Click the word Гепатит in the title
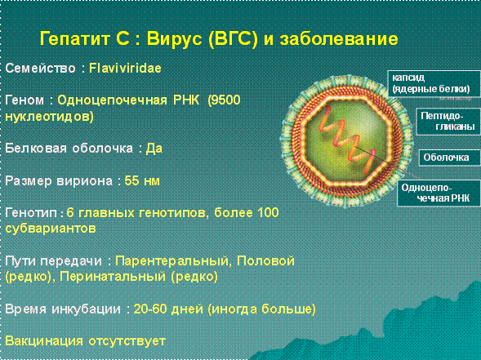(x=75, y=39)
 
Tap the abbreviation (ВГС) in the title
(x=233, y=39)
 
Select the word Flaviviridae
(x=125, y=68)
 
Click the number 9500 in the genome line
(x=224, y=100)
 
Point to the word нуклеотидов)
(x=49, y=116)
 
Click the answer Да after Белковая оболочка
(x=154, y=149)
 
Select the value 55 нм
(x=142, y=180)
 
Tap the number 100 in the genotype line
(x=268, y=212)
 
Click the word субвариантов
(x=51, y=229)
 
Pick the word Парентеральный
(x=171, y=261)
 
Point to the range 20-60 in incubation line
(x=149, y=309)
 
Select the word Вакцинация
(x=44, y=341)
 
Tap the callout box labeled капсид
(x=434, y=83)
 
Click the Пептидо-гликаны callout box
(x=448, y=121)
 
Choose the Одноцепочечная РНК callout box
(x=439, y=193)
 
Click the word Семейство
(x=40, y=68)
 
